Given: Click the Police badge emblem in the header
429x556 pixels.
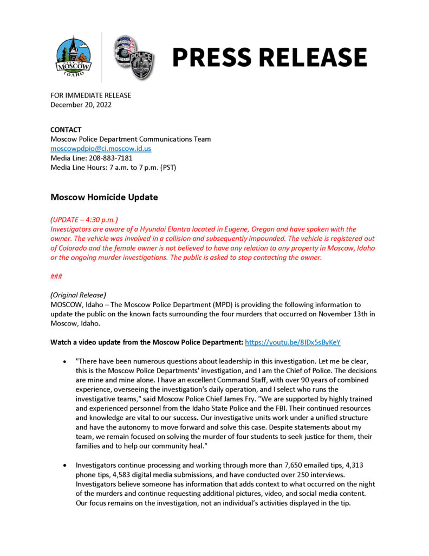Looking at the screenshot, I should [133, 57].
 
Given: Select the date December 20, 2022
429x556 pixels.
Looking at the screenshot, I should [81, 105].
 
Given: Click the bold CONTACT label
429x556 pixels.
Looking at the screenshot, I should [66, 130].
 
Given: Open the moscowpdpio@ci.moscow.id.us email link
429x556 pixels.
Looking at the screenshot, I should [101, 148].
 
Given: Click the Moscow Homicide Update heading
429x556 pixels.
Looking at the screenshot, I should [104, 197].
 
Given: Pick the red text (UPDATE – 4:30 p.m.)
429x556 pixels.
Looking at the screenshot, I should [84, 220].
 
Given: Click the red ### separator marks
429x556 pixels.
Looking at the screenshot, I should [56, 276].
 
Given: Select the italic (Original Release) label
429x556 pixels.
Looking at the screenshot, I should [78, 296].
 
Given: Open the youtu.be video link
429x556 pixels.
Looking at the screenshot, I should [292, 342].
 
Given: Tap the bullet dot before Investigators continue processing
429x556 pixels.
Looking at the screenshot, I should [65, 465].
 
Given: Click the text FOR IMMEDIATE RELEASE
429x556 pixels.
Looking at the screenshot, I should [90, 95].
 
